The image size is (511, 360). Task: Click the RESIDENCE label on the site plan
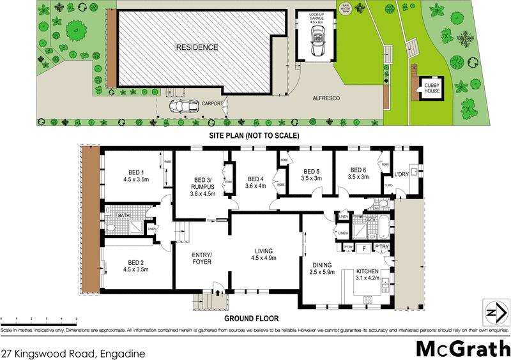[x=197, y=47]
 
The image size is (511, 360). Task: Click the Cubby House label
[x=432, y=88]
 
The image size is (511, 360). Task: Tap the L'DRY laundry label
[x=402, y=174]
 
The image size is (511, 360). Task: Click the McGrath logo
[x=460, y=349]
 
